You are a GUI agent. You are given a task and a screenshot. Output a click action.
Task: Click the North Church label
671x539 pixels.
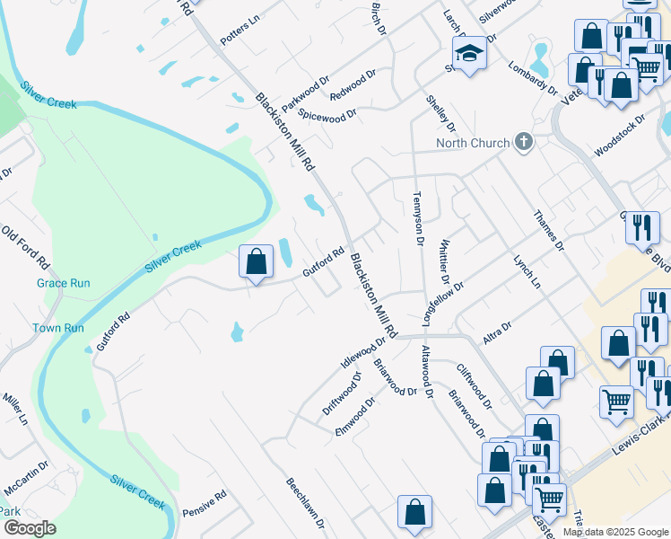473,143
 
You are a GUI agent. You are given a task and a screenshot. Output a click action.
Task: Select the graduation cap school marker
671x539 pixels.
469,54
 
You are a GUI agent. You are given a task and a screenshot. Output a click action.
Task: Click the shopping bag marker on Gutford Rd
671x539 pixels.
257,262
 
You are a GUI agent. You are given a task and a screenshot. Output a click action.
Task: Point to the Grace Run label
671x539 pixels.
64,283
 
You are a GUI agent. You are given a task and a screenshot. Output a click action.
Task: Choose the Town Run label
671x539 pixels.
58,328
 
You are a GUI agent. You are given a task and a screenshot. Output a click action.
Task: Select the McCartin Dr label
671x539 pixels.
26,480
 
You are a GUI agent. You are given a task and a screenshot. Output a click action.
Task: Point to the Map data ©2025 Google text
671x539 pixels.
614,532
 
